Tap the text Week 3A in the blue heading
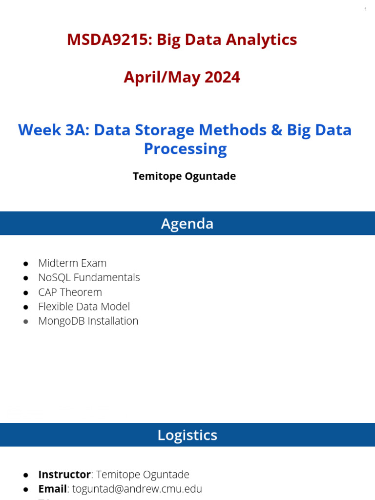pos(53,130)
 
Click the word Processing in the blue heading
pos(185,149)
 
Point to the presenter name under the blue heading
pos(184,176)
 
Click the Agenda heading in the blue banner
pos(187,224)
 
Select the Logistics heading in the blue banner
pos(187,435)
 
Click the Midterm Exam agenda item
pos(72,263)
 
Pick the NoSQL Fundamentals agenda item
pos(89,277)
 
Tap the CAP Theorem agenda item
pos(70,292)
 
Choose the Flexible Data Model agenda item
pos(84,307)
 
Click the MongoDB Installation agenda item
pos(88,321)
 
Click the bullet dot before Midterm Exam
pos(26,264)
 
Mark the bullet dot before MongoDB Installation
pos(26,321)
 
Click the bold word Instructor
pos(64,475)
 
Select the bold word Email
pos(52,489)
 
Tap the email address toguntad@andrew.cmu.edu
pos(137,489)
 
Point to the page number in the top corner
pos(365,10)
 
